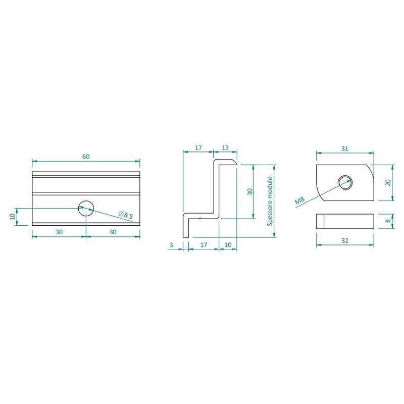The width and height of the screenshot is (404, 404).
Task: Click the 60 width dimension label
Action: click(x=86, y=157)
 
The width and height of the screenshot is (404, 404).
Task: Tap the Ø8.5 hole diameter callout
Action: click(x=126, y=215)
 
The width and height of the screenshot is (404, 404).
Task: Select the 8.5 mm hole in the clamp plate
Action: click(x=86, y=208)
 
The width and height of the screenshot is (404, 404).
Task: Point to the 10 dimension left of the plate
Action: click(x=13, y=217)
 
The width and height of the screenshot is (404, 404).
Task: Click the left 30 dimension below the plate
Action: click(x=59, y=232)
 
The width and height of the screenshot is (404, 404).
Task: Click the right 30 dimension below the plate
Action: click(x=113, y=232)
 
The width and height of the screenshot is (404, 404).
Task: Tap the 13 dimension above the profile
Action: click(x=225, y=147)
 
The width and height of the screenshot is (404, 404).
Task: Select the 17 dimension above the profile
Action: click(x=198, y=147)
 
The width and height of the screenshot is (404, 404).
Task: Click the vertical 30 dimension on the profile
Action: click(x=249, y=191)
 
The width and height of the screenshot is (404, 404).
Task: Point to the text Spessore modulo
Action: click(x=270, y=201)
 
